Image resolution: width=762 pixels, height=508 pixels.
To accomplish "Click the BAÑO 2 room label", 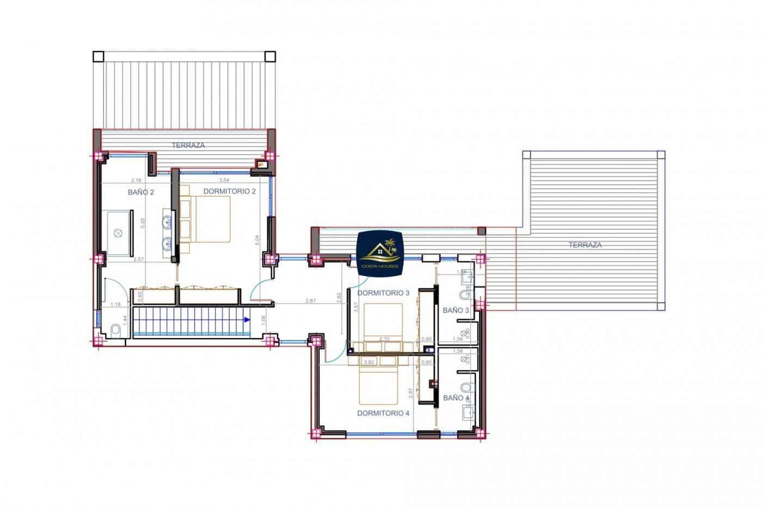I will [x=141, y=192].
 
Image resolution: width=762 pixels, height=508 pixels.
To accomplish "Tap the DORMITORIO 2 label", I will [x=229, y=191].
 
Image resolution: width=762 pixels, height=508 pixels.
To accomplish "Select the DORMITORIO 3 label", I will [x=383, y=293].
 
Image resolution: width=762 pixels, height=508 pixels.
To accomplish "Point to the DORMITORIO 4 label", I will [x=383, y=413].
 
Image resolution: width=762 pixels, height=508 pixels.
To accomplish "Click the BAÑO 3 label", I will [x=456, y=310].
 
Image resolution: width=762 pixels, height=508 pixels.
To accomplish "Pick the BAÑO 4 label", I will [x=456, y=398].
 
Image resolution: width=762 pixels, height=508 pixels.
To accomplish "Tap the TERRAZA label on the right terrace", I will [x=585, y=245].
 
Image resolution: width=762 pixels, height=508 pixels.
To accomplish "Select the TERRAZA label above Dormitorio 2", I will [x=188, y=145].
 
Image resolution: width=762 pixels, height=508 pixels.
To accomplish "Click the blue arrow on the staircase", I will [x=247, y=320].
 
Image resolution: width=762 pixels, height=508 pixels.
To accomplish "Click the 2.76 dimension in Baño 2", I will [x=136, y=180].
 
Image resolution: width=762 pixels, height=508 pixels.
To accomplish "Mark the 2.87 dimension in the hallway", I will [x=311, y=301].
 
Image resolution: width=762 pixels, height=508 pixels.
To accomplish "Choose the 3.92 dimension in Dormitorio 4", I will [x=368, y=362].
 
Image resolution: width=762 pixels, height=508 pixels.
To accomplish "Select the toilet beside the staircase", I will [x=115, y=330].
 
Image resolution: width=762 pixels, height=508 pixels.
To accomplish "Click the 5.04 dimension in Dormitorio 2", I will [x=256, y=240].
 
